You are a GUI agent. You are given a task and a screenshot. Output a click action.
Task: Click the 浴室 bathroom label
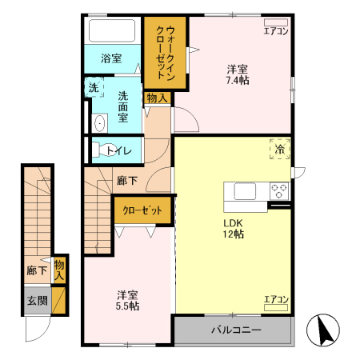[x=111, y=58]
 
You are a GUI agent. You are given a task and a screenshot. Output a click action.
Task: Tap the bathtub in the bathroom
[x=113, y=33]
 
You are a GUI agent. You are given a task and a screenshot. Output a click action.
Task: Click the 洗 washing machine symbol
[x=94, y=88]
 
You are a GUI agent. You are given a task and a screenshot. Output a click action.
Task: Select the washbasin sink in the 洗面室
[x=99, y=122]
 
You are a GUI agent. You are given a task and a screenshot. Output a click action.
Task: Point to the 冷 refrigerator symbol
[x=280, y=149]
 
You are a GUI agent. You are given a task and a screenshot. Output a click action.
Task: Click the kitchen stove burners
[x=279, y=190]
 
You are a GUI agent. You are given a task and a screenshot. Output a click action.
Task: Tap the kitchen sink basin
[x=244, y=192]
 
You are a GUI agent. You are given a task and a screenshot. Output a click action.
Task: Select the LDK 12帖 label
[x=233, y=228]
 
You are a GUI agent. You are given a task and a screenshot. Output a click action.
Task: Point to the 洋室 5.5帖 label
[x=128, y=299]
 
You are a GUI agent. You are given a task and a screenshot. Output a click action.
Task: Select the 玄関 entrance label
[x=37, y=301]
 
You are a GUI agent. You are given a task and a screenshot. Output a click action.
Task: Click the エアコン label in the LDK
[x=276, y=300]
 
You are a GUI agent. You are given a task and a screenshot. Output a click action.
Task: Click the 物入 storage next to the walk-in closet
[x=157, y=98]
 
